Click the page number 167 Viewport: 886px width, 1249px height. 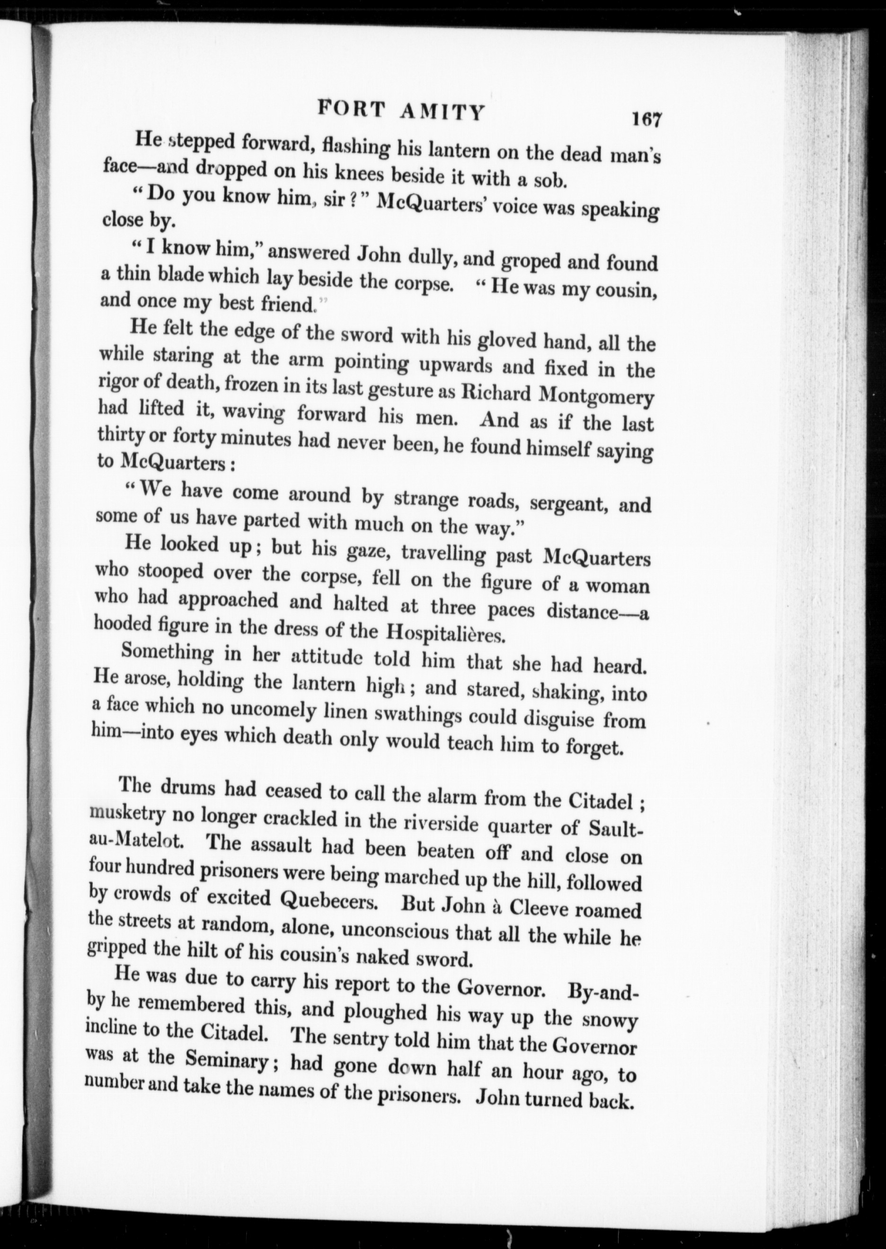pyautogui.click(x=647, y=119)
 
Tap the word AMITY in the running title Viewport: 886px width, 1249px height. pyautogui.click(x=443, y=112)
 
